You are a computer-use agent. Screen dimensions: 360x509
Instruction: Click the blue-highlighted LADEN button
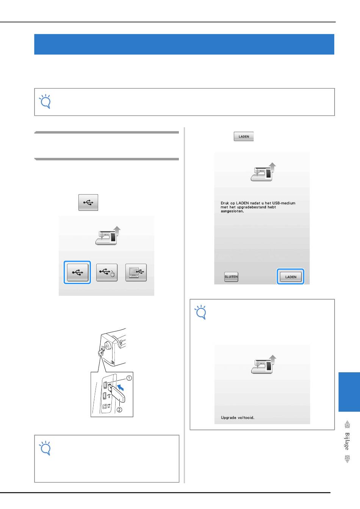(290, 276)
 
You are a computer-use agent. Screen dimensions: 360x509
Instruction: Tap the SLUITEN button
(231, 276)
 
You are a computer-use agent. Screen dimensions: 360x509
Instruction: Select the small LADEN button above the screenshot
(244, 136)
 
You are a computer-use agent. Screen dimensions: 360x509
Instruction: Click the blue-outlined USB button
(77, 272)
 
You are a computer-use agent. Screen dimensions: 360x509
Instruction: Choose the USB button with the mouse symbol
(106, 272)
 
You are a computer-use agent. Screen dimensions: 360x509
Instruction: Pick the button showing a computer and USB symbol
(136, 272)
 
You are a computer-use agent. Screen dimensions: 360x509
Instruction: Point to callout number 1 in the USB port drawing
(129, 378)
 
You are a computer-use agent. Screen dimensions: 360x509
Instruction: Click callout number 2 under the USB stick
(119, 410)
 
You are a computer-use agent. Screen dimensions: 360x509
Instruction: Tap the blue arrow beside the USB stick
(120, 387)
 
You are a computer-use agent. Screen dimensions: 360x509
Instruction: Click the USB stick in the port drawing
(117, 393)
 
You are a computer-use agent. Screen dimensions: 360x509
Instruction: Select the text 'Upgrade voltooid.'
(238, 417)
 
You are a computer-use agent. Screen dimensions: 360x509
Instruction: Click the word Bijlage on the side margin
(347, 442)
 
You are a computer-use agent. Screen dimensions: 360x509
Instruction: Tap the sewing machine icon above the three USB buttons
(108, 236)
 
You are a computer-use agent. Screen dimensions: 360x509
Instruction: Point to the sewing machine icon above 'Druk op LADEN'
(263, 172)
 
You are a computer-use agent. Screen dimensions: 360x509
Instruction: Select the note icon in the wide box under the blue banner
(45, 101)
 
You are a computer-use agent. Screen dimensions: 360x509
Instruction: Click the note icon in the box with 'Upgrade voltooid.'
(200, 312)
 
